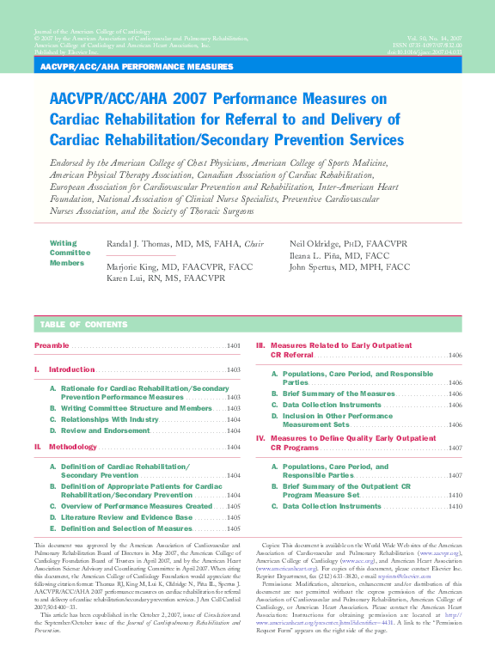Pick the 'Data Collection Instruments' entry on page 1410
(332, 506)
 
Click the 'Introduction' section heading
(71, 369)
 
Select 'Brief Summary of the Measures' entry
(339, 394)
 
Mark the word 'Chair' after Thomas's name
(254, 245)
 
